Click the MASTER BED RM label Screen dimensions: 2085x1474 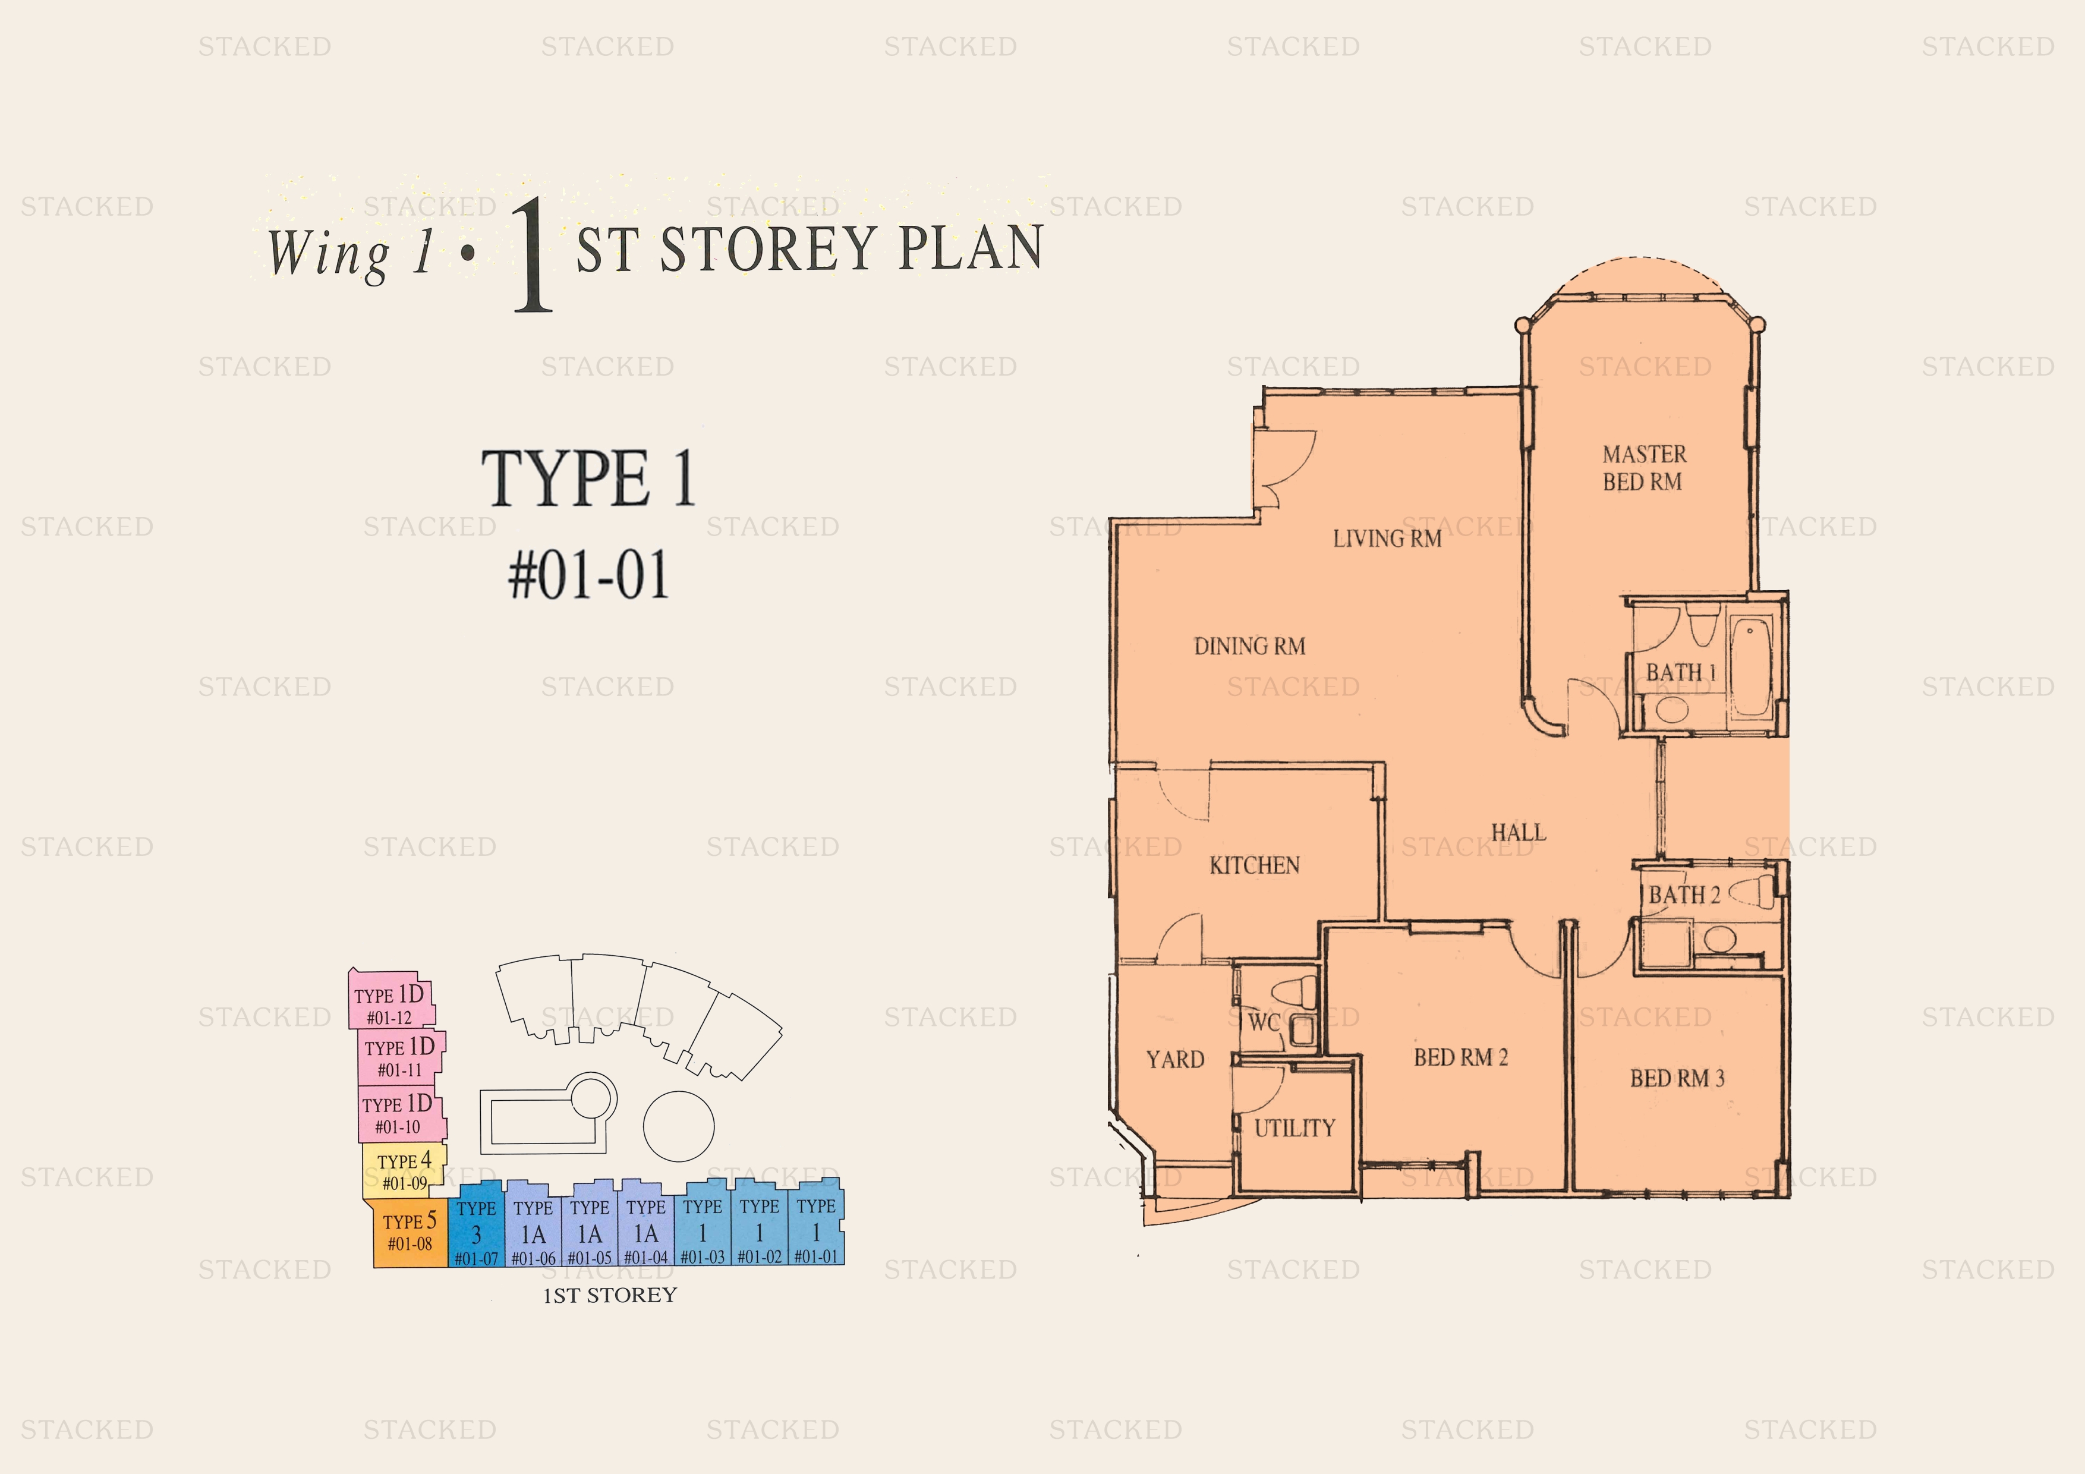pos(1643,468)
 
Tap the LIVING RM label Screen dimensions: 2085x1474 pos(1387,538)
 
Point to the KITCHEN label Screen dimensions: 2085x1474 pos(1254,865)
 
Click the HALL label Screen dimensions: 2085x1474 pos(1519,832)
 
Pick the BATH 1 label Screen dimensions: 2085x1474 pos(1681,673)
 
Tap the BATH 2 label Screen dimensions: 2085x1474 pos(1684,895)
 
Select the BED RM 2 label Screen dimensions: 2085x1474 pos(1460,1057)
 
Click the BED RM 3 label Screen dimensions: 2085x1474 pos(1676,1078)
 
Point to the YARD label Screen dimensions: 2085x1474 pos(1175,1060)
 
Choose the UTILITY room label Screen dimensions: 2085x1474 pos(1294,1128)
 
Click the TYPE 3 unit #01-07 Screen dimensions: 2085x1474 pos(476,1224)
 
